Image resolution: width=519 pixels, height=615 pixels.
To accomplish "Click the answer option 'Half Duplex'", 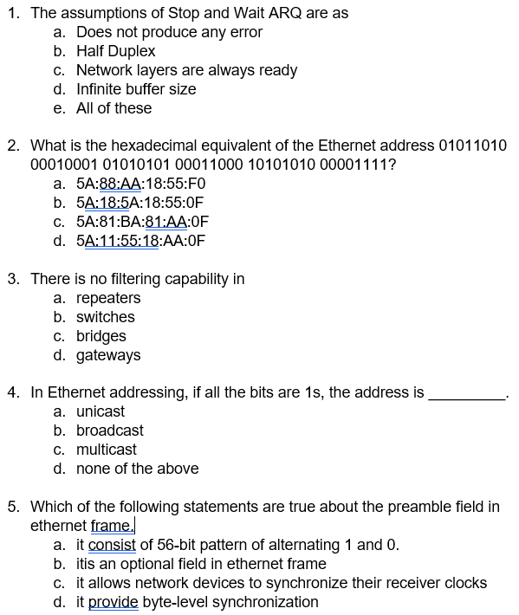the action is (115, 51).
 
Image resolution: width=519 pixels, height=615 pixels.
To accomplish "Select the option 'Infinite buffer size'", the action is (136, 89).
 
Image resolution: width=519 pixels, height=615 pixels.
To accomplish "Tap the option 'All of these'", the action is (114, 108).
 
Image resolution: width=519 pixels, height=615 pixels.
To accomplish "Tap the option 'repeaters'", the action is (108, 298).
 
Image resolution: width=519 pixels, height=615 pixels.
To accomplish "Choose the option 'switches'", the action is (106, 317).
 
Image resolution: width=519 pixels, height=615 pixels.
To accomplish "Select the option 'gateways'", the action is (108, 355).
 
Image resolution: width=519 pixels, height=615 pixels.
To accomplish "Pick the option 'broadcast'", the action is (110, 430).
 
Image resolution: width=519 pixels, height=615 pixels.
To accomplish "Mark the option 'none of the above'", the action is (137, 469).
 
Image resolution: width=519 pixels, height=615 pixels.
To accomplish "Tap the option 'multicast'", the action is (107, 450).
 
